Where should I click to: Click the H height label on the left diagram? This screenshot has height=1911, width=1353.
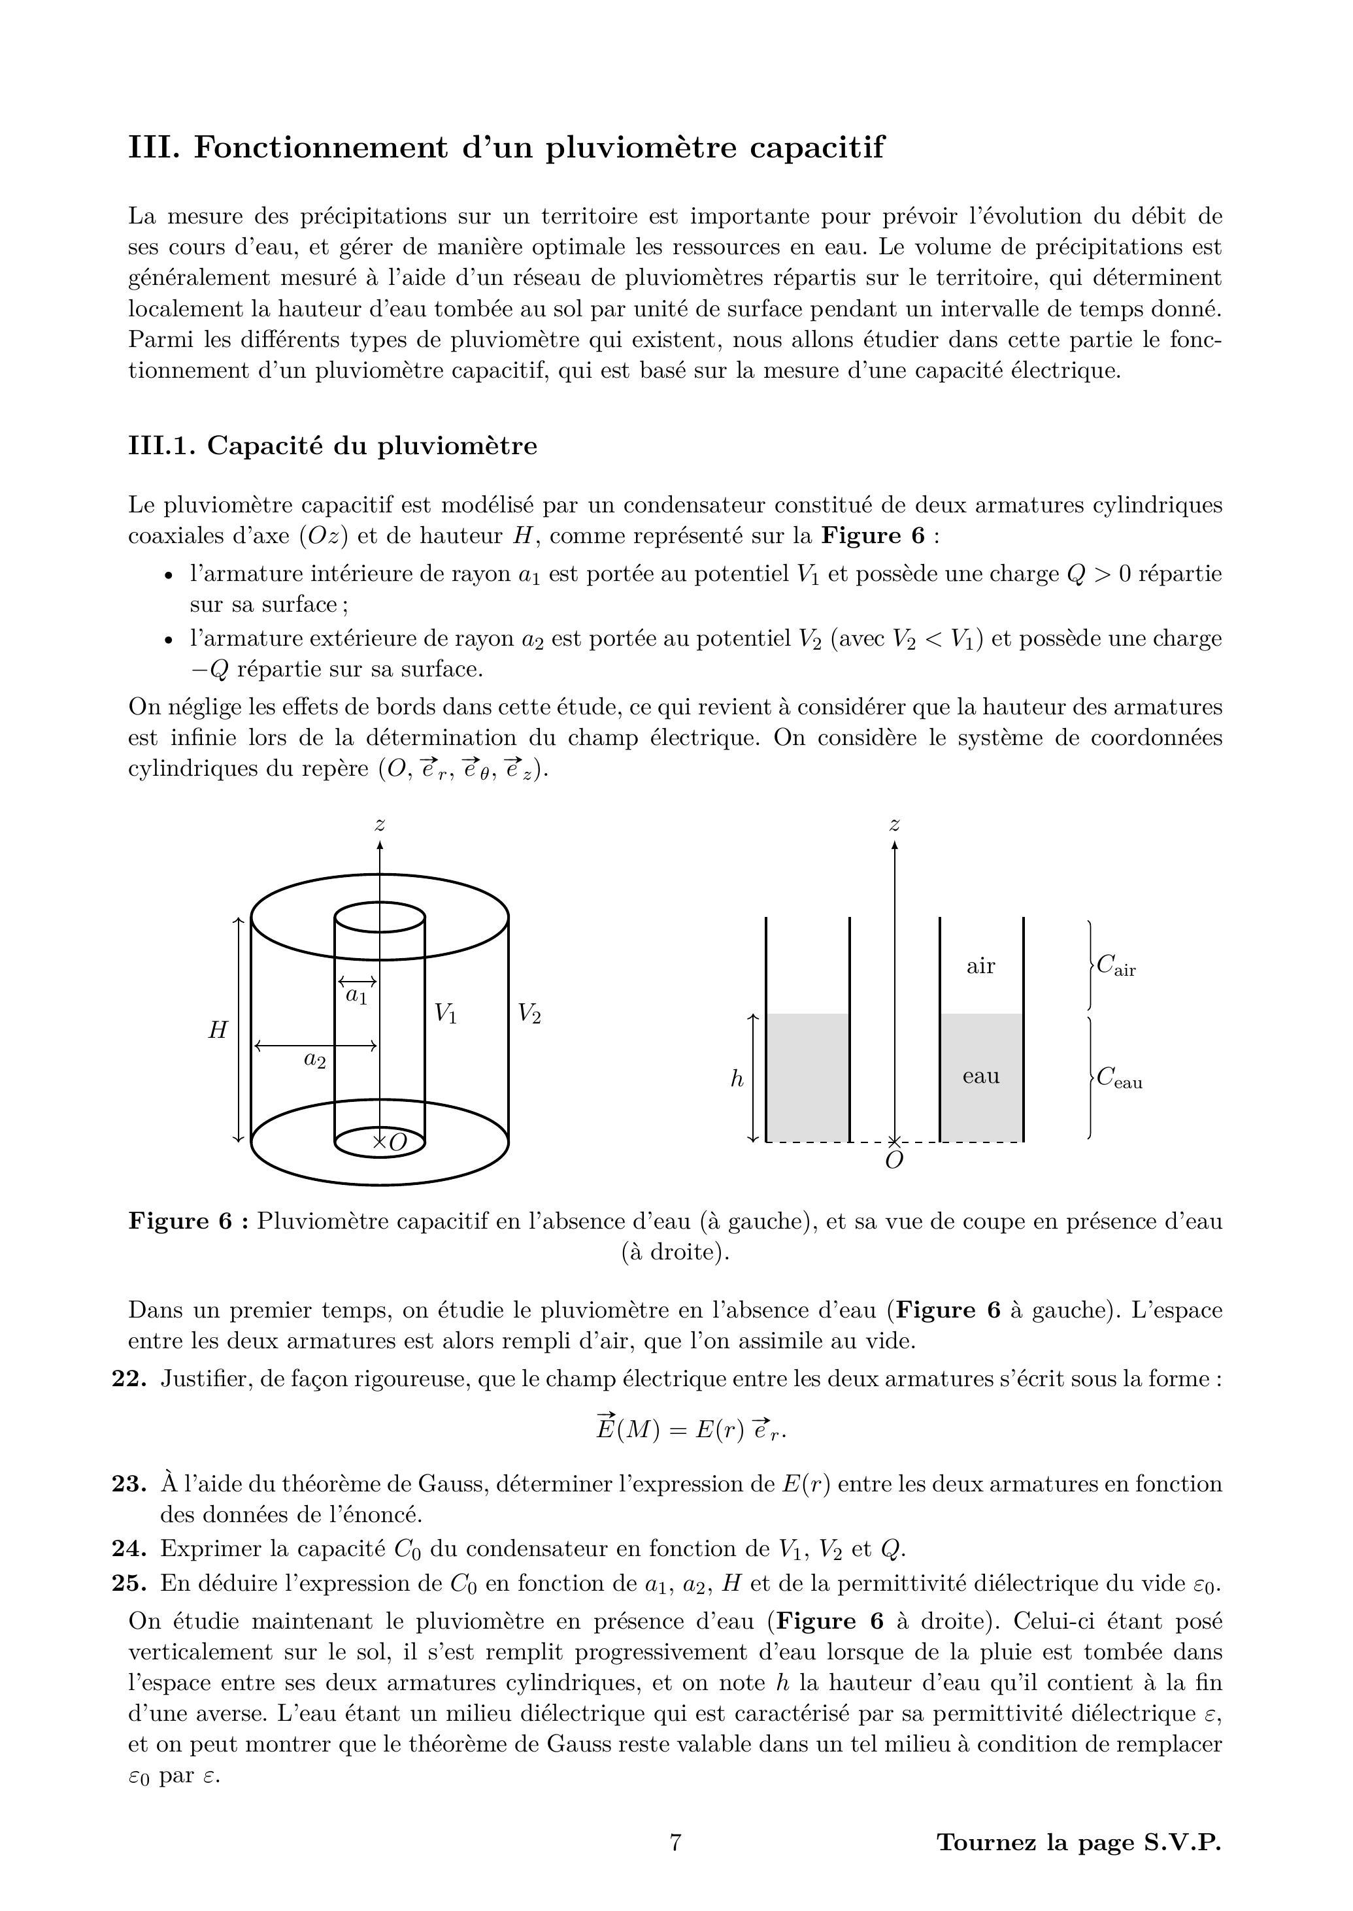pos(218,1031)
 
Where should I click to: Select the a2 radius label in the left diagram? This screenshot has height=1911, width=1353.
pos(314,1059)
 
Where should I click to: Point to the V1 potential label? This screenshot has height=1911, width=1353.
pos(446,1014)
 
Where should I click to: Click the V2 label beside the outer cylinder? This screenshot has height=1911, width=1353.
pos(530,1013)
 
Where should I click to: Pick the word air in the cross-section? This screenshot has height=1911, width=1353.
pos(980,967)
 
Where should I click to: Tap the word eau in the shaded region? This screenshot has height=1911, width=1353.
pos(980,1076)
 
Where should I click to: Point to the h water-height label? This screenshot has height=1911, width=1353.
pos(737,1080)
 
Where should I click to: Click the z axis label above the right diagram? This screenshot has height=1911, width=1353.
pos(895,825)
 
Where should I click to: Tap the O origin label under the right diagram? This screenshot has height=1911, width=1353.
pos(894,1161)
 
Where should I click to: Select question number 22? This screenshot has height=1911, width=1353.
pos(129,1379)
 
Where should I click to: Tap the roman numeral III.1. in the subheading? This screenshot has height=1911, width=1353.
pos(161,446)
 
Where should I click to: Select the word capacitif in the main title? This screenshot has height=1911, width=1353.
pos(816,148)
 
